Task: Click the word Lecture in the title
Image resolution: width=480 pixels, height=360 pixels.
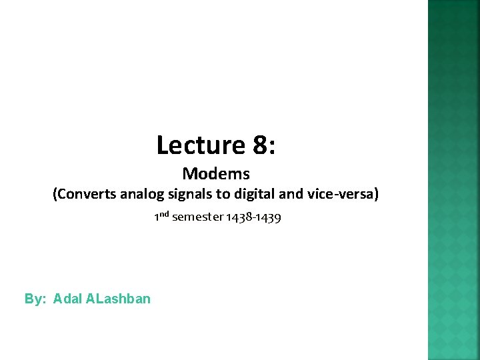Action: click(x=200, y=145)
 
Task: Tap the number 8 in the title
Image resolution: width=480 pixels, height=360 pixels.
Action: click(x=259, y=145)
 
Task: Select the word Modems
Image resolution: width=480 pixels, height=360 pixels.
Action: click(x=216, y=174)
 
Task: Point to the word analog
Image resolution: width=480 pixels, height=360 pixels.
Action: click(x=137, y=194)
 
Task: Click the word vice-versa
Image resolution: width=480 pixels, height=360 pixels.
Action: click(x=339, y=194)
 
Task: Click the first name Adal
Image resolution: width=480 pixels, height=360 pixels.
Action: click(x=67, y=299)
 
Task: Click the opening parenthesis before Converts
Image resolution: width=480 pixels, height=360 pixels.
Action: click(x=55, y=194)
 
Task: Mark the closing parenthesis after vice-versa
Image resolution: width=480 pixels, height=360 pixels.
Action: click(x=377, y=194)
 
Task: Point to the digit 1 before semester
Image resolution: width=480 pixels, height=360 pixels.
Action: click(x=156, y=217)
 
